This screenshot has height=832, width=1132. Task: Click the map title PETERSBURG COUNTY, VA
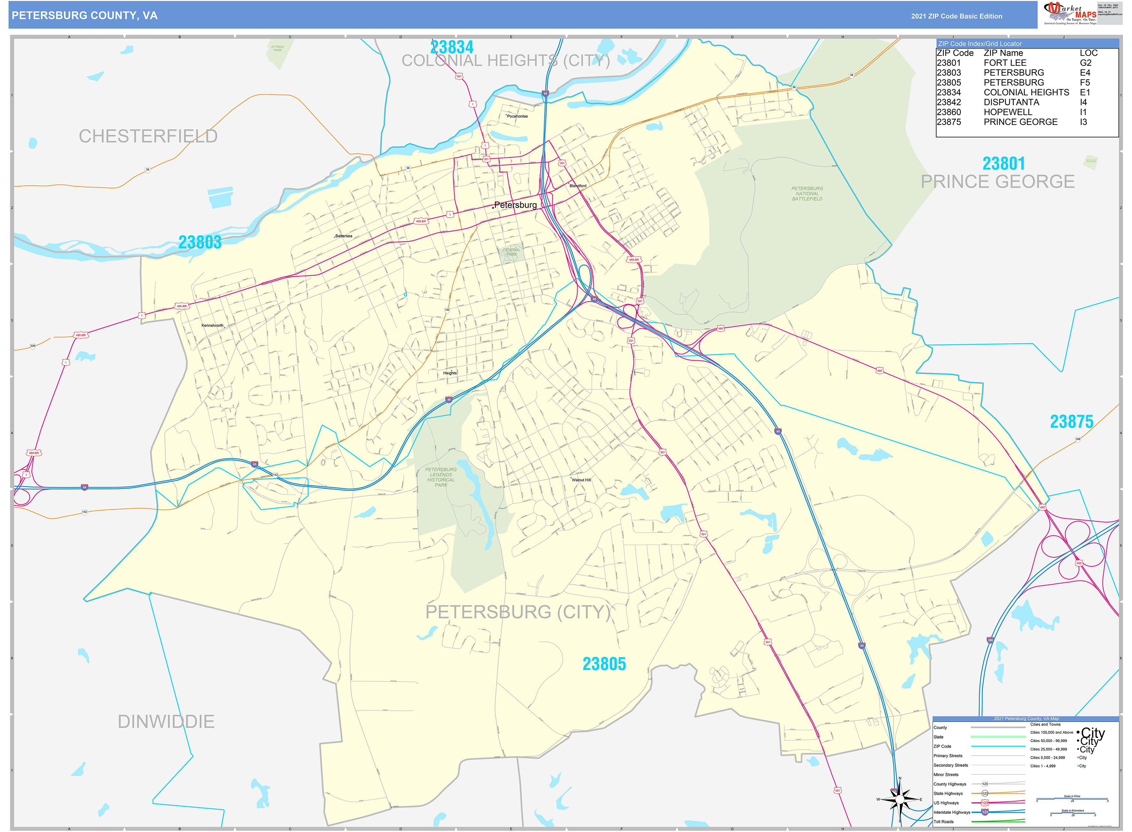point(84,16)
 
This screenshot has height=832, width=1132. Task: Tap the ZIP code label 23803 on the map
point(200,242)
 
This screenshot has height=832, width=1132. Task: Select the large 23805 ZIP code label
point(604,664)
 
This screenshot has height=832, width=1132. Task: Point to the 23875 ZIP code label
point(1071,421)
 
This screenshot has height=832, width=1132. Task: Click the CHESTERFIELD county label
point(148,136)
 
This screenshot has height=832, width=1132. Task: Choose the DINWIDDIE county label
point(166,721)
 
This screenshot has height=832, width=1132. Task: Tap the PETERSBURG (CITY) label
point(517,612)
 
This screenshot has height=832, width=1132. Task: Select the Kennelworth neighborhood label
point(212,325)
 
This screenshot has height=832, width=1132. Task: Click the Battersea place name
point(344,236)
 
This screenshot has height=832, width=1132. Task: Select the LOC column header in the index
point(1088,53)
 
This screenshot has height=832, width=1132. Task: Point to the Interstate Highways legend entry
point(951,812)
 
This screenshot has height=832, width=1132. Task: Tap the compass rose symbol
point(900,799)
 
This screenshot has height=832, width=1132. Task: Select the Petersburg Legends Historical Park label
point(441,477)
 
